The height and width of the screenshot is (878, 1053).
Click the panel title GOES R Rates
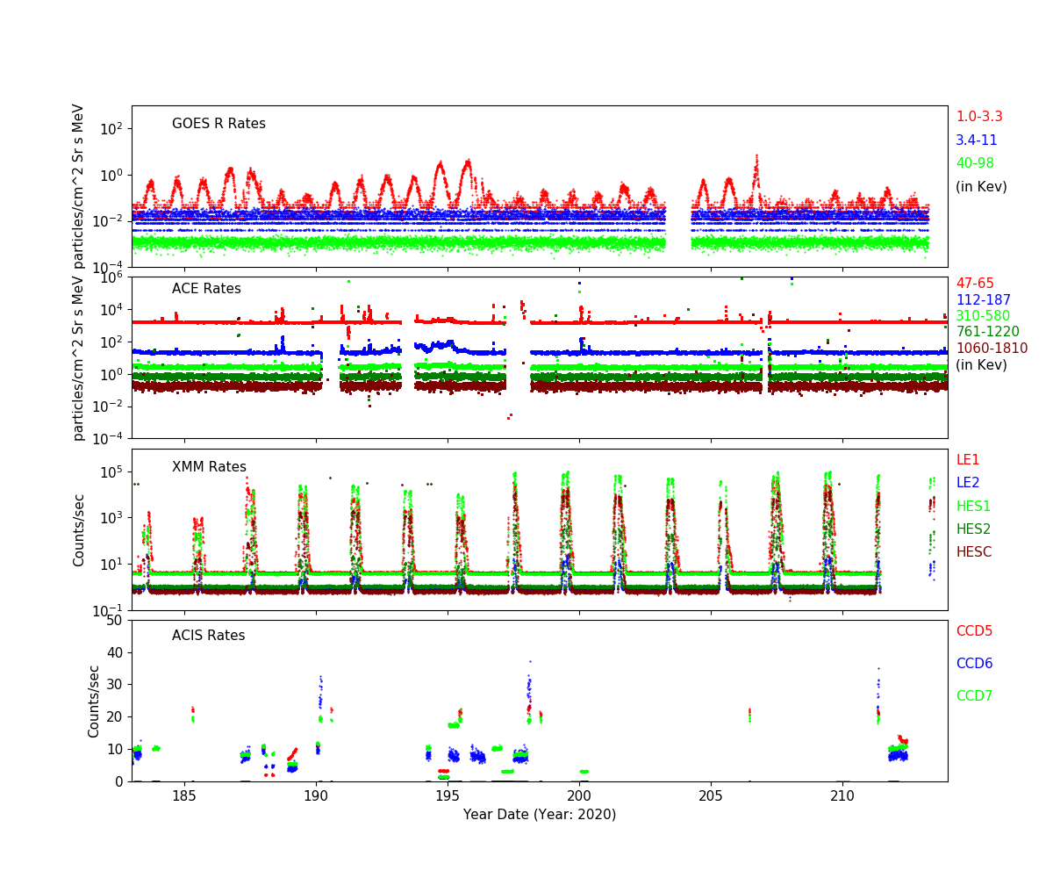[x=218, y=124]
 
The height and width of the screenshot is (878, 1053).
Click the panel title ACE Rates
[x=206, y=289]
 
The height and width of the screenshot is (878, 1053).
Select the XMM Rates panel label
[x=209, y=467]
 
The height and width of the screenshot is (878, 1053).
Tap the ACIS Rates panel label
[x=209, y=636]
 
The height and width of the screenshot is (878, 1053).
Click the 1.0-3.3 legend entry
[x=978, y=117]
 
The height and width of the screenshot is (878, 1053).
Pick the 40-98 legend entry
[x=975, y=163]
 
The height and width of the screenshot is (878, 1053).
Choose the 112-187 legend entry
[x=983, y=300]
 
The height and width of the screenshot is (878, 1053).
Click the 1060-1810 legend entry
[x=992, y=349]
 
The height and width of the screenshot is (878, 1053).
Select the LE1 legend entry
[x=967, y=460]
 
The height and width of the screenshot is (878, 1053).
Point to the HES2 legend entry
[x=972, y=529]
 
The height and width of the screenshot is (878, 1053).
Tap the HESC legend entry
[x=973, y=552]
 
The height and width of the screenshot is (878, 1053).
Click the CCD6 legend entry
[x=974, y=664]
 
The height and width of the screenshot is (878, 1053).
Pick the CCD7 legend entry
[x=974, y=696]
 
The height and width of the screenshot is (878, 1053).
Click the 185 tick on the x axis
[x=184, y=797]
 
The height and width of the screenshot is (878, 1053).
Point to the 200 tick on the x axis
[x=579, y=797]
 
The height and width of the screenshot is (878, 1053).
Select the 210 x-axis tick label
[x=842, y=797]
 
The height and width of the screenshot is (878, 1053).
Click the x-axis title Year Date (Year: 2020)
[x=540, y=815]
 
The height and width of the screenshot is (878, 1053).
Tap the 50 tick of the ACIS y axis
[x=115, y=621]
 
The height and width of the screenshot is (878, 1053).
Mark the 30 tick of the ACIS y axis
[x=115, y=685]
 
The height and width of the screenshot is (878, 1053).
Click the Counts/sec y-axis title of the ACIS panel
[x=94, y=701]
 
